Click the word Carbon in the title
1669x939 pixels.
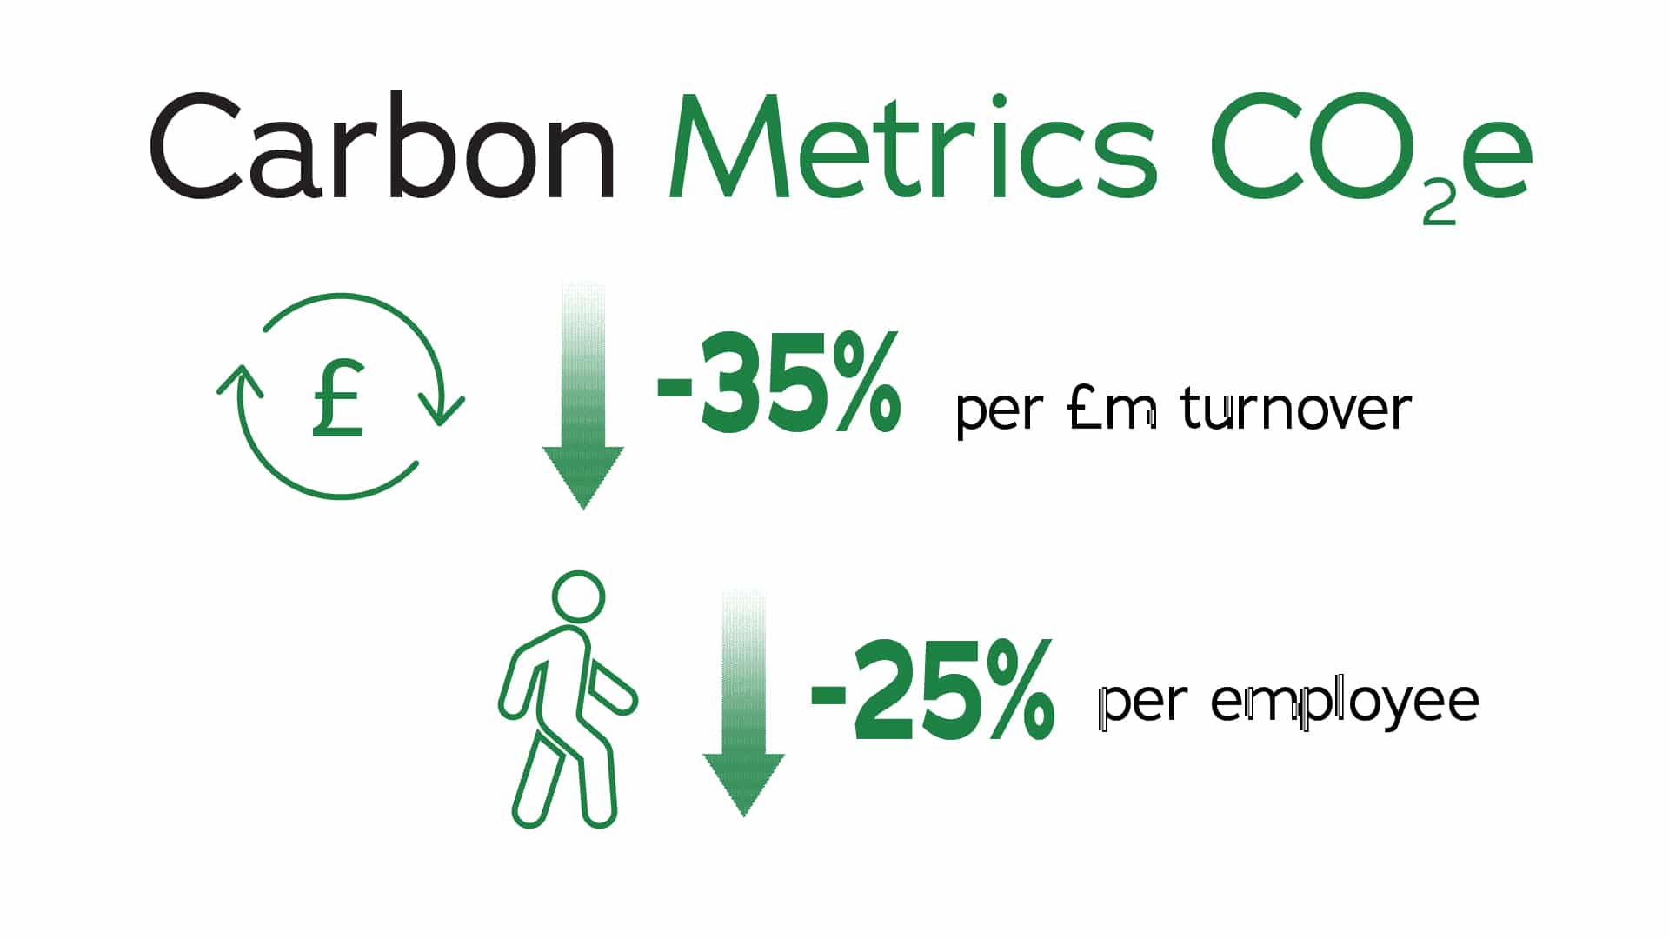pos(383,147)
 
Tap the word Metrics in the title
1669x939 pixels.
pos(912,147)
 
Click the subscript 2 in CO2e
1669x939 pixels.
pos(1439,205)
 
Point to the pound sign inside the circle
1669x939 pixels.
pos(338,398)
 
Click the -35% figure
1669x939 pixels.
pos(779,383)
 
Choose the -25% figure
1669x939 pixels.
pos(933,690)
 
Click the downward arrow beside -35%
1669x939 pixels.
pos(583,396)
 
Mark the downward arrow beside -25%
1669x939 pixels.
pos(744,703)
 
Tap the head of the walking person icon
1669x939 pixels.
pos(578,596)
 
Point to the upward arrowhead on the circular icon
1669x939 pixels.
pos(240,382)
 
